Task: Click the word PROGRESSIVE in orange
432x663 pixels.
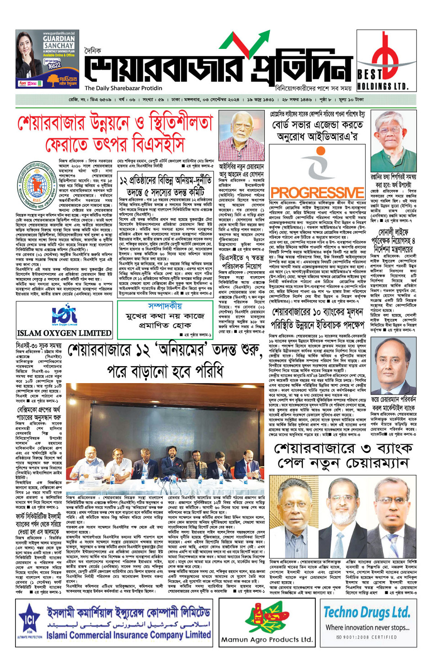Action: [317, 192]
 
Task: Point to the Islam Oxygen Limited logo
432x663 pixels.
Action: [64, 314]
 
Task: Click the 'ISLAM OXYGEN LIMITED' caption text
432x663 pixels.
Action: [64, 333]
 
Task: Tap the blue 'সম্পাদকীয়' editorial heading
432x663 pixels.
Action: [165, 305]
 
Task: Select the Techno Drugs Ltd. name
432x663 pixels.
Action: [367, 612]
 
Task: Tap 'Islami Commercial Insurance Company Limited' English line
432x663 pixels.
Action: [129, 635]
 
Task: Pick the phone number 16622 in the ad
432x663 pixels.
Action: [53, 65]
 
